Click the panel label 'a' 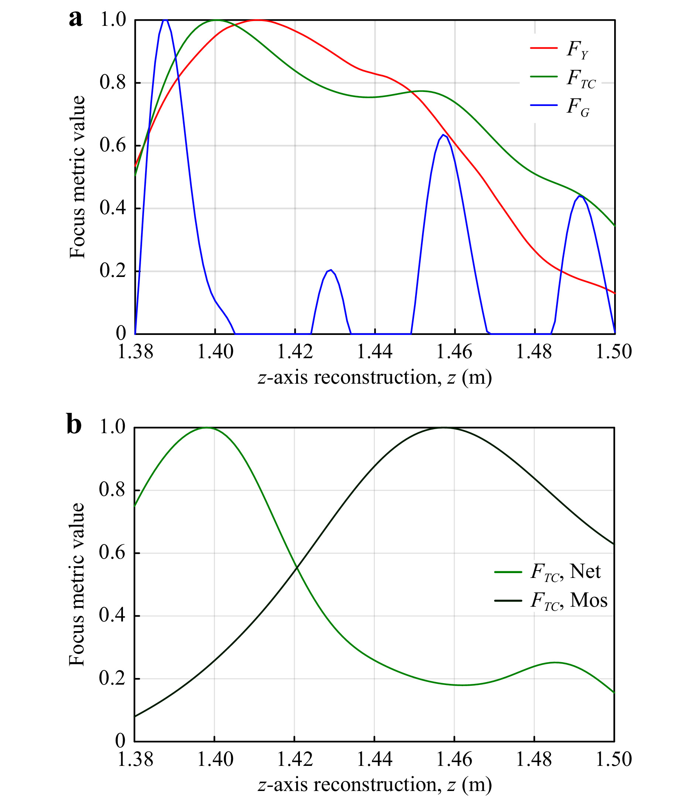coord(76,19)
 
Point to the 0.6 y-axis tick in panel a coord(113,145)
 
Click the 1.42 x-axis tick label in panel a coord(295,352)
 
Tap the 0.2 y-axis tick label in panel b coord(112,678)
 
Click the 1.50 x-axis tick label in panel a coord(614,352)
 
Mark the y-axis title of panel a coord(77,177)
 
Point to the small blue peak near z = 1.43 coord(330,270)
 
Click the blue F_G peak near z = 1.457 coord(443,135)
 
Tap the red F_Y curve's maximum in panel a coord(258,20)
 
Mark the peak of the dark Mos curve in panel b coord(444,428)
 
